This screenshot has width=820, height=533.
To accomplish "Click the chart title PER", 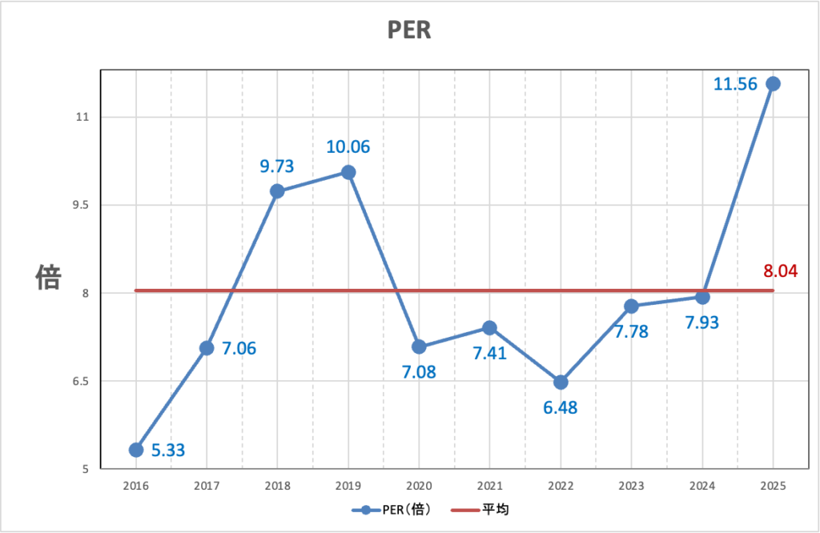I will coord(409,30).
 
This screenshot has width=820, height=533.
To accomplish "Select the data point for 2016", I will coord(136,450).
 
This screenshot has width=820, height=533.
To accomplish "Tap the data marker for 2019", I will coord(348,172).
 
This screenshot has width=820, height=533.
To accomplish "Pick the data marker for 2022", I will coord(561,382).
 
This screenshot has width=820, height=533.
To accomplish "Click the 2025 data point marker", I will coord(773,83).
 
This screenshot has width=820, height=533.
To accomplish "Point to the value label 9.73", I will coord(277,166).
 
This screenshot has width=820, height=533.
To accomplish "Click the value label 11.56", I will coord(734,82).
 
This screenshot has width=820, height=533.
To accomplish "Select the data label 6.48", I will coord(561,407).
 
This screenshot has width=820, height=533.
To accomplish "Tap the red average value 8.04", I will coord(781,271).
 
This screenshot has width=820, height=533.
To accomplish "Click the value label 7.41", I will coord(490,352).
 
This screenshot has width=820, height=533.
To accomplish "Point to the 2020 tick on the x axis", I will coord(419,485).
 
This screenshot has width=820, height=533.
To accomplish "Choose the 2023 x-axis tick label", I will coord(631,485).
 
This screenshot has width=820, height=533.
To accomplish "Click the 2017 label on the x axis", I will coord(207,485).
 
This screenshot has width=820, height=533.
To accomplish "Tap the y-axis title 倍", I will coord(48,277).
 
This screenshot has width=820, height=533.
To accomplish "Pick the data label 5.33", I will coord(168,450).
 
